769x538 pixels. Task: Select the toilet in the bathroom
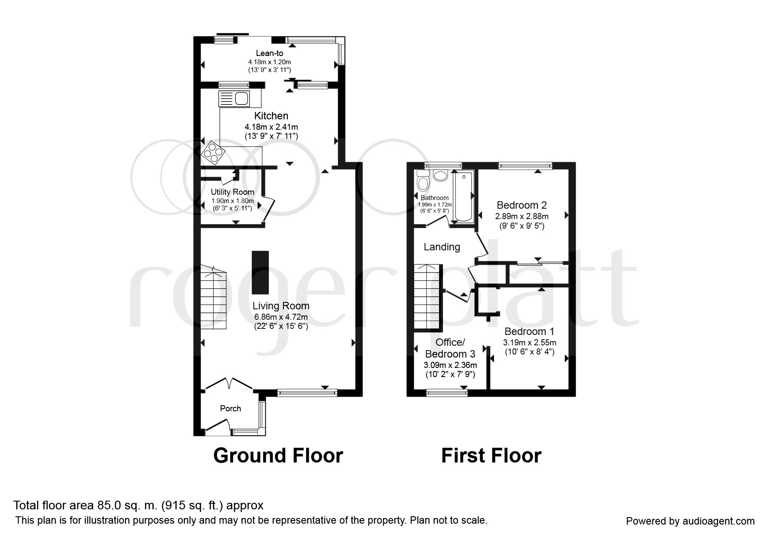pyautogui.click(x=422, y=181)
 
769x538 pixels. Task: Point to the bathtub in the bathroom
pyautogui.click(x=463, y=197)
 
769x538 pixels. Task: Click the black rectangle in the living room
pyautogui.click(x=260, y=272)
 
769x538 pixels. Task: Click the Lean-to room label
pyautogui.click(x=269, y=53)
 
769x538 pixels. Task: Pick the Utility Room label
pyautogui.click(x=232, y=192)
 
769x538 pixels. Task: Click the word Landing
pyautogui.click(x=442, y=247)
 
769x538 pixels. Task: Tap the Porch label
pyautogui.click(x=231, y=408)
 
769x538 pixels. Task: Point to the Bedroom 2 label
pyautogui.click(x=521, y=205)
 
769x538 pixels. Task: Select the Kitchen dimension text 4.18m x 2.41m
pyautogui.click(x=271, y=127)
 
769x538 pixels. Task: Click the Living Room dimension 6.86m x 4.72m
pyautogui.click(x=281, y=317)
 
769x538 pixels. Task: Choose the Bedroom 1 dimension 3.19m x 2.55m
pyautogui.click(x=529, y=342)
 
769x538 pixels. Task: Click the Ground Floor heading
pyautogui.click(x=278, y=456)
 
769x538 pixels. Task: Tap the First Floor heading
pyautogui.click(x=491, y=456)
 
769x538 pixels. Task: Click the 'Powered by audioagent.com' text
pyautogui.click(x=690, y=521)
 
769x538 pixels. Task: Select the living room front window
pyautogui.click(x=307, y=393)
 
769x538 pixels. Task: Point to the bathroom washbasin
pyautogui.click(x=441, y=176)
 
